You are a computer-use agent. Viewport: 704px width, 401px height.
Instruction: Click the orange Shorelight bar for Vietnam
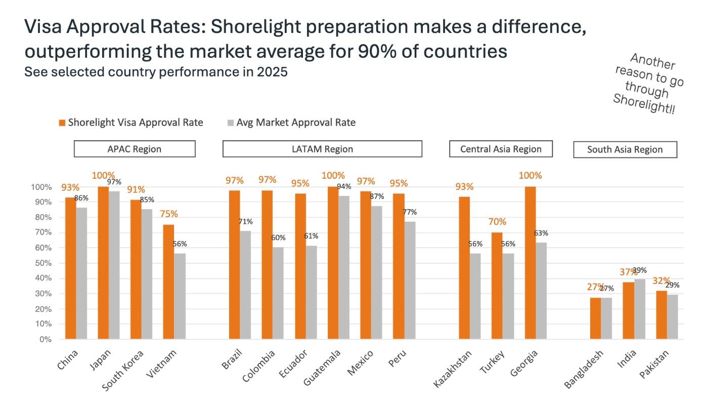[168, 282]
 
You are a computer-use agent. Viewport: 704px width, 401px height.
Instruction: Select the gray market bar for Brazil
[245, 285]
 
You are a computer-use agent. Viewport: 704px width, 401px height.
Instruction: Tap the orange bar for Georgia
[530, 263]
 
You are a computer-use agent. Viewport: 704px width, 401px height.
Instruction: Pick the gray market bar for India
[640, 309]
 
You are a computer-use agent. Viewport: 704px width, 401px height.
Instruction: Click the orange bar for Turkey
[497, 286]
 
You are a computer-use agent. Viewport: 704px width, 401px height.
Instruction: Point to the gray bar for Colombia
[278, 293]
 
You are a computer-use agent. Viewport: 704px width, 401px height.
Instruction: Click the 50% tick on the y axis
[43, 263]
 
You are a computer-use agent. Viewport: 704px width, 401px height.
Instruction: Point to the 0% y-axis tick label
[46, 339]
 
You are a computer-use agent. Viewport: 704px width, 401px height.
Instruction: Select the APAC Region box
[135, 149]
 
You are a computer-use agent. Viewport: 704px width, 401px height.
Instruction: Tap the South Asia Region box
[625, 149]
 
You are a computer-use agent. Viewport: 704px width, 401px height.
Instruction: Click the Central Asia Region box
[501, 149]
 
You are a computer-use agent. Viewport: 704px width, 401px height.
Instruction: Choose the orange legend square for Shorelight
[62, 123]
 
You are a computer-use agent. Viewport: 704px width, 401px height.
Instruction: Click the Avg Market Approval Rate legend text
[296, 123]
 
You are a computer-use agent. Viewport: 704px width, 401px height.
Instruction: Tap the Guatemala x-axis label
[322, 367]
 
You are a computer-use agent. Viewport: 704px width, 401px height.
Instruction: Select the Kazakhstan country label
[452, 369]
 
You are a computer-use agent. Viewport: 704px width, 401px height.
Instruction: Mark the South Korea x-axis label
[122, 370]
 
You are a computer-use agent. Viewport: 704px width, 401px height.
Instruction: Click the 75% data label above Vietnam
[169, 214]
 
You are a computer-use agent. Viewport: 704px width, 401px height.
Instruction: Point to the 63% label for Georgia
[541, 233]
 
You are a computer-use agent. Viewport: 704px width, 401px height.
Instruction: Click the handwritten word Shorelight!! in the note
[644, 104]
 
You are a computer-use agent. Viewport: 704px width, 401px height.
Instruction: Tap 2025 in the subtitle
[272, 72]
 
